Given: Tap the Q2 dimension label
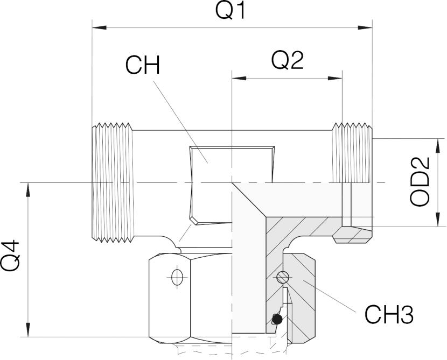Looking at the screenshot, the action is [x=287, y=61].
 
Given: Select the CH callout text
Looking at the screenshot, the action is [x=143, y=65].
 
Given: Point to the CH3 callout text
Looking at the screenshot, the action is [x=389, y=315].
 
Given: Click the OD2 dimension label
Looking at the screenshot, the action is [x=420, y=181].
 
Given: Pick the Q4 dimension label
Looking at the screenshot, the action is [x=10, y=256].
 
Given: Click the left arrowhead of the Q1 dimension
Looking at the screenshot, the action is [x=99, y=27].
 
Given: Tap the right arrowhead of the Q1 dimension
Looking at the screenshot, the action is [x=365, y=27].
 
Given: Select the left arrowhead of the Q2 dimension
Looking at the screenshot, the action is [x=239, y=78].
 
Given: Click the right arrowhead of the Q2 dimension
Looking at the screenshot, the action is [x=335, y=78].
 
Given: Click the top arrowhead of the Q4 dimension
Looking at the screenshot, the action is [x=28, y=189].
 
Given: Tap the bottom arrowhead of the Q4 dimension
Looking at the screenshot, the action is [x=28, y=330].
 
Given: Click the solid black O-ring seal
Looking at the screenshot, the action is [x=277, y=319].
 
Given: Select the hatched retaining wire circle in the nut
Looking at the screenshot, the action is [x=283, y=277].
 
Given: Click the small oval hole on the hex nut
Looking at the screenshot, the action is [x=177, y=277].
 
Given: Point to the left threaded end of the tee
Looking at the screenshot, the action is [x=113, y=182].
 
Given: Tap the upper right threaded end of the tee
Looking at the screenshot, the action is [x=352, y=153].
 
